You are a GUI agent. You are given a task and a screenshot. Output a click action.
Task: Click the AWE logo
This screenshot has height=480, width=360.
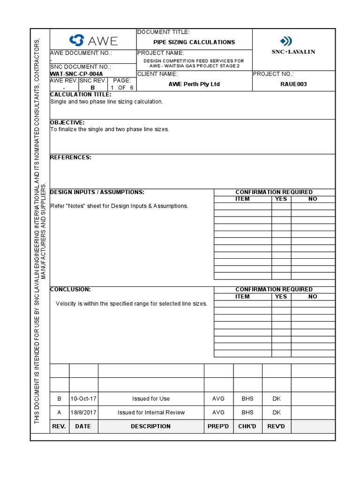coord(93,40)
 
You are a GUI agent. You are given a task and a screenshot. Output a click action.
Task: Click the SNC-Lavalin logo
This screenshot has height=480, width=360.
coord(293,45)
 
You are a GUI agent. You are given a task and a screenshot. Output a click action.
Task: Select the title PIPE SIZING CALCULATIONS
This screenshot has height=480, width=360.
coord(194,42)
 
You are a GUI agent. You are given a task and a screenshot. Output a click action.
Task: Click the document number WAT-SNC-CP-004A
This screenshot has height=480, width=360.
coord(76,74)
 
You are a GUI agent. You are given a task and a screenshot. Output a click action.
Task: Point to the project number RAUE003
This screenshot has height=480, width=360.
coord(294,84)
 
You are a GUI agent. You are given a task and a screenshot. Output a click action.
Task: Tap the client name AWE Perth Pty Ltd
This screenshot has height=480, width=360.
coord(194,84)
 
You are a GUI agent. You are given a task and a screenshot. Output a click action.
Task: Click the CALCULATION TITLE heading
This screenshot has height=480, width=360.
coord(81,95)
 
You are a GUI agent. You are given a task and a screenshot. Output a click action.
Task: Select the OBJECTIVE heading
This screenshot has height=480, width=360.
coord(67,123)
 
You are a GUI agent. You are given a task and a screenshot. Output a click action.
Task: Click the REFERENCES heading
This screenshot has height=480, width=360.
coord(71,157)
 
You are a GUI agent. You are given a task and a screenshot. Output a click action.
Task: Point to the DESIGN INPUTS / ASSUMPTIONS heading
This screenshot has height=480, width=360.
coord(97,192)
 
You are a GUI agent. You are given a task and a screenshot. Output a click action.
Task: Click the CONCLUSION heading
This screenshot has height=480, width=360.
coord(70,290)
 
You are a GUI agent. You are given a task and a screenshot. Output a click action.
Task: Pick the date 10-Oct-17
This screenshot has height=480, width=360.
coord(83,398)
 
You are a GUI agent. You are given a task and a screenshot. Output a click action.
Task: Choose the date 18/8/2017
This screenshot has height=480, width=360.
coord(83,412)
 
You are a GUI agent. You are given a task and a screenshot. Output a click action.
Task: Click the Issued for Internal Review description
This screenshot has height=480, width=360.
coord(151,412)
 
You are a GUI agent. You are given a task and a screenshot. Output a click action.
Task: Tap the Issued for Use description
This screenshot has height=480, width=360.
coord(151,398)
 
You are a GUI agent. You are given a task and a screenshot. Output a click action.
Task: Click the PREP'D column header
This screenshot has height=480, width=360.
coord(218,427)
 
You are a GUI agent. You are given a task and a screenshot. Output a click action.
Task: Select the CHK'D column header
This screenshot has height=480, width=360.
coord(247,427)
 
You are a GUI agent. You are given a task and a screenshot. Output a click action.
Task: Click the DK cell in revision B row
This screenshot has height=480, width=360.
coord(277,398)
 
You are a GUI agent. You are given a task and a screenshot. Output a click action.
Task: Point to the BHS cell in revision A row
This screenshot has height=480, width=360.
coord(247,412)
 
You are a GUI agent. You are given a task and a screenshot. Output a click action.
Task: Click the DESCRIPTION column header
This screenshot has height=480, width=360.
coord(151,427)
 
